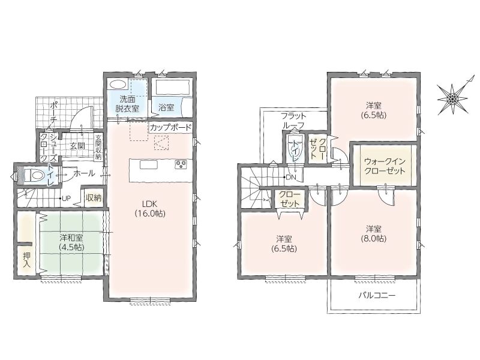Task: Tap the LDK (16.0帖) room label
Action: (150, 208)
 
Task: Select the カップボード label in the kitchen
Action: (170, 128)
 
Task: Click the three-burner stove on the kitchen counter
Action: (181, 164)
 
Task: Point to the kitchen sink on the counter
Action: (149, 164)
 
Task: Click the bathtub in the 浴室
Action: (173, 87)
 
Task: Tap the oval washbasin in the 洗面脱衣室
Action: (118, 85)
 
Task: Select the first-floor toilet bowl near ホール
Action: (33, 175)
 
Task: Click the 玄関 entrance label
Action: (77, 146)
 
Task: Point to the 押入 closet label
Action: (27, 260)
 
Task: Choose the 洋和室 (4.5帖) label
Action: (71, 242)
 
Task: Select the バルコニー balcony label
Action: (377, 295)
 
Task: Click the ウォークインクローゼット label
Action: (385, 166)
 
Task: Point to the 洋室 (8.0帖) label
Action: (373, 233)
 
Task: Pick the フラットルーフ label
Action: (293, 121)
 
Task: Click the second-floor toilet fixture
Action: (295, 148)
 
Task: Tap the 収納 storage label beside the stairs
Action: (94, 198)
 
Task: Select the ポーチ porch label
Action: (53, 113)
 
